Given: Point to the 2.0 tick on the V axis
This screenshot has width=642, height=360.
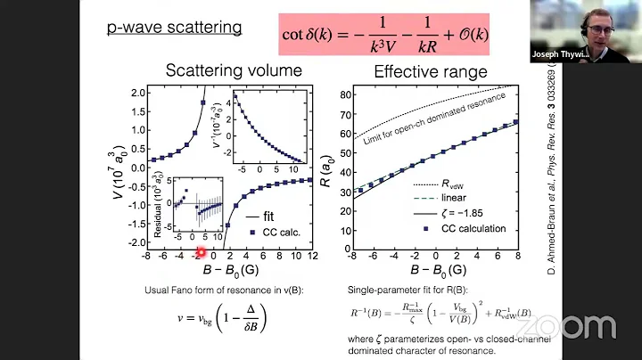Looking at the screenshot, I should pos(137,93).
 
